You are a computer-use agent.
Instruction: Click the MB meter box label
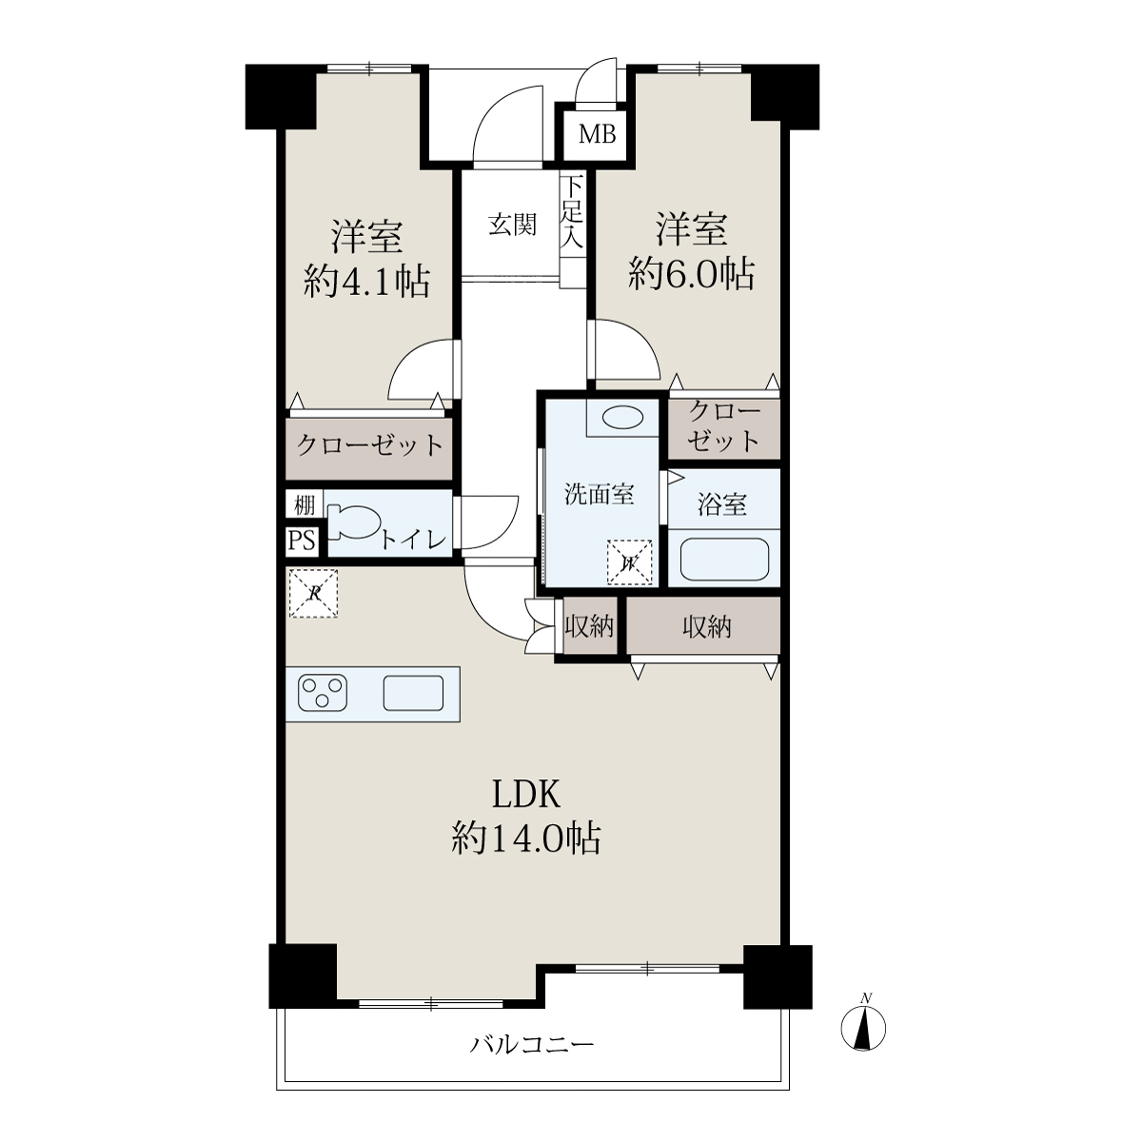pos(597,135)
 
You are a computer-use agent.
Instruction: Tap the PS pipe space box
pos(302,541)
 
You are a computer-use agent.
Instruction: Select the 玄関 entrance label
pos(513,226)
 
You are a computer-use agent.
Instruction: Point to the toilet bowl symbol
pos(354,522)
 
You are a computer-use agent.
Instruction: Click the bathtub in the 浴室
pos(724,559)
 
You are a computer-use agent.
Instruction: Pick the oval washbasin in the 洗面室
pos(622,418)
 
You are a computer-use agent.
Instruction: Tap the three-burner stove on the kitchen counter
pos(323,692)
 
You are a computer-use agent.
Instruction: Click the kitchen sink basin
pos(413,693)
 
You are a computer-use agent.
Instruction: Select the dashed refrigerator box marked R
pos(313,594)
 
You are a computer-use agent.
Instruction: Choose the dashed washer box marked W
pos(629,562)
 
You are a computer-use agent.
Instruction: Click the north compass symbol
pos(863,1027)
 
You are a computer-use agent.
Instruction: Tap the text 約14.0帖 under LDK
pos(526,838)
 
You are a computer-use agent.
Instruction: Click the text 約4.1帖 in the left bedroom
pos(366,281)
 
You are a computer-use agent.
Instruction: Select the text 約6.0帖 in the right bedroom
pos(692,274)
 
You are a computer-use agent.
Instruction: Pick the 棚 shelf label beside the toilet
pos(304,505)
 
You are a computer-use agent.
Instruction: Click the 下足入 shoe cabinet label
pos(572,211)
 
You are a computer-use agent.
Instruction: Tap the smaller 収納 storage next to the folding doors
pos(588,626)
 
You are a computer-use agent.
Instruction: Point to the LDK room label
pos(526,795)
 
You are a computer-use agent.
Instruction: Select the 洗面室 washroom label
pos(600,494)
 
